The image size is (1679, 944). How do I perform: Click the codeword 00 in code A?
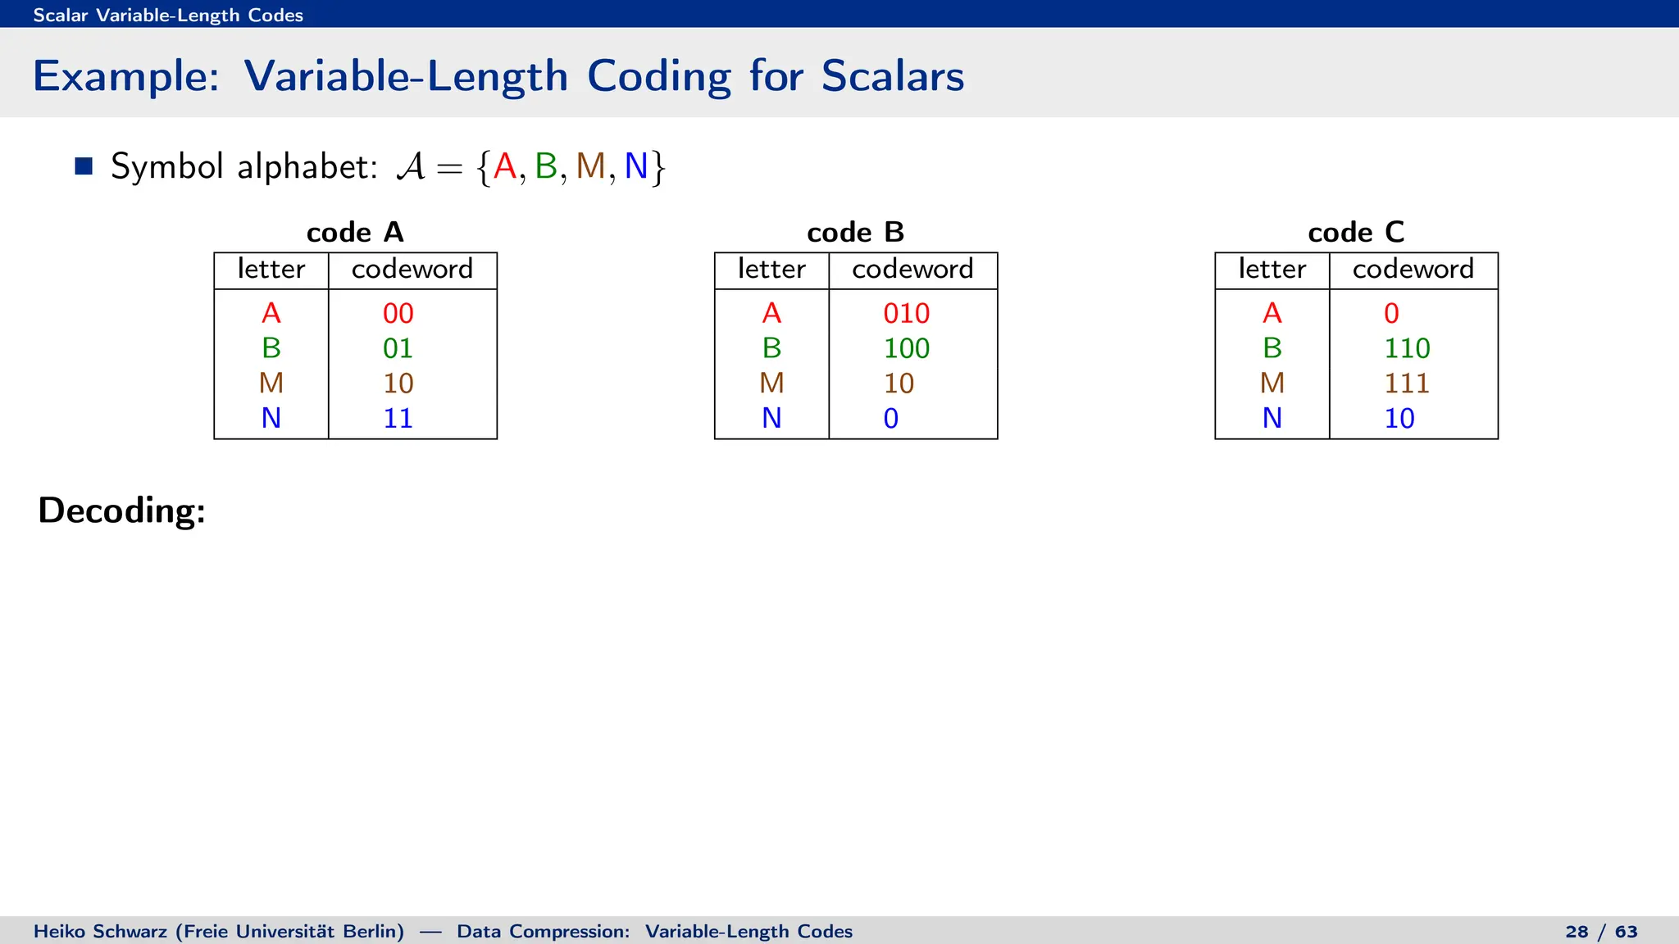click(x=398, y=313)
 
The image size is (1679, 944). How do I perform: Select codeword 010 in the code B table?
click(x=906, y=313)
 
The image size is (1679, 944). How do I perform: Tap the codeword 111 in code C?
click(x=1406, y=383)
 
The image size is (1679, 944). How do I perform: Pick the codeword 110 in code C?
click(x=1407, y=348)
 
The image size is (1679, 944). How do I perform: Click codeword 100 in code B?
click(x=906, y=348)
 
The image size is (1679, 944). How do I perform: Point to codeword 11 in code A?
click(x=398, y=419)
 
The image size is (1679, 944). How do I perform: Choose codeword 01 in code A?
click(x=398, y=348)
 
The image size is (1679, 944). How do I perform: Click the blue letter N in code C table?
click(x=1272, y=419)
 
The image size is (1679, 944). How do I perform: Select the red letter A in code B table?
click(x=771, y=313)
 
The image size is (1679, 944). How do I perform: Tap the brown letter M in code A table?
click(x=271, y=383)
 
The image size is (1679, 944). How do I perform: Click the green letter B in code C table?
click(x=1272, y=348)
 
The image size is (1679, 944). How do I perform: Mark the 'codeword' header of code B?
click(x=912, y=269)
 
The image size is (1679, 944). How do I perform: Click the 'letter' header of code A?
click(x=271, y=269)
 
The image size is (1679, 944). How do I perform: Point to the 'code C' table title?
click(x=1356, y=232)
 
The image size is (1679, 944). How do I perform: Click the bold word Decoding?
click(x=122, y=511)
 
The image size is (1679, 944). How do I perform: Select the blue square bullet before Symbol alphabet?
click(x=84, y=166)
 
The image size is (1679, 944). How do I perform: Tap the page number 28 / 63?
click(x=1600, y=932)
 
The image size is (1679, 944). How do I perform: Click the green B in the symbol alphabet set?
click(x=546, y=166)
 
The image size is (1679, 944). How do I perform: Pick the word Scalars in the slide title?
click(x=892, y=76)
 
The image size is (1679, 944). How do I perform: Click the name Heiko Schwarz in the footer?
click(x=101, y=932)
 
